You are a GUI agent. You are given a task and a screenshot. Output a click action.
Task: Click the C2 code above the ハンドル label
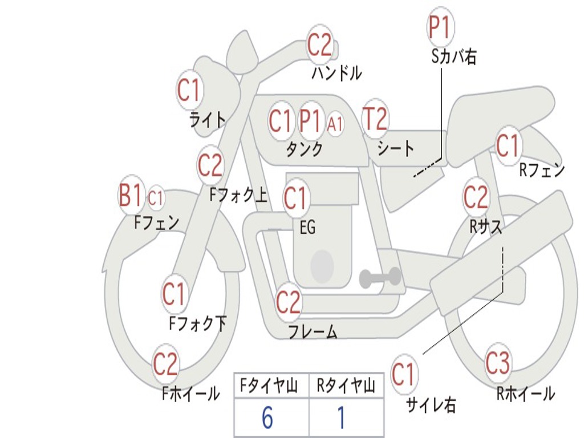tap(319, 45)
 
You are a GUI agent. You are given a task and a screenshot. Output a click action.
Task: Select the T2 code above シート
tap(375, 119)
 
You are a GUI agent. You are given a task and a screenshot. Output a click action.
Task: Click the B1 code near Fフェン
tap(131, 196)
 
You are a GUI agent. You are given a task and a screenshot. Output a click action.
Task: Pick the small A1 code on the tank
tap(335, 123)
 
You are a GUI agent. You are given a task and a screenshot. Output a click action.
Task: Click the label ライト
tap(207, 120)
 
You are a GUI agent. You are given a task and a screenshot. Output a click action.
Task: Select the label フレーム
tap(313, 331)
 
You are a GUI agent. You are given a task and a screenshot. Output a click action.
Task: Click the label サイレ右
tap(431, 405)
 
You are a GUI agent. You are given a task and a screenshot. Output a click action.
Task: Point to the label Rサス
tap(485, 226)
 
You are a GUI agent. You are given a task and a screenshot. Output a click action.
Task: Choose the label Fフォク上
tap(238, 196)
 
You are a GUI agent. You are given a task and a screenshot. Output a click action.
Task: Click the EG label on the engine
tap(307, 228)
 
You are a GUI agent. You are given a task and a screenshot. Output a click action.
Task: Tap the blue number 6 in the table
tap(267, 418)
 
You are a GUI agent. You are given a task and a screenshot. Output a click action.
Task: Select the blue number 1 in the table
tap(342, 418)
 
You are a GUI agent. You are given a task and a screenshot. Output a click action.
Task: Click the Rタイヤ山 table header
tap(346, 387)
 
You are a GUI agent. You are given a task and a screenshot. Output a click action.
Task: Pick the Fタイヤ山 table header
tap(269, 387)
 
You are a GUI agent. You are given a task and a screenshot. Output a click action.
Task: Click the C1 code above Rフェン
tap(508, 146)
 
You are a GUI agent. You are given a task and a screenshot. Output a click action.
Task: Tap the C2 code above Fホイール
tap(166, 364)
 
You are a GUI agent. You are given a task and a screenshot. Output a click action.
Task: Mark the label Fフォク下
tap(197, 324)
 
